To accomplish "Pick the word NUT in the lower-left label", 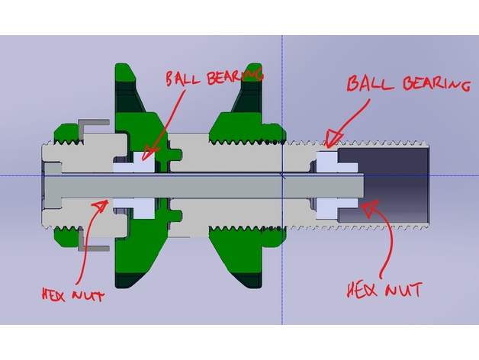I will [90, 295].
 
